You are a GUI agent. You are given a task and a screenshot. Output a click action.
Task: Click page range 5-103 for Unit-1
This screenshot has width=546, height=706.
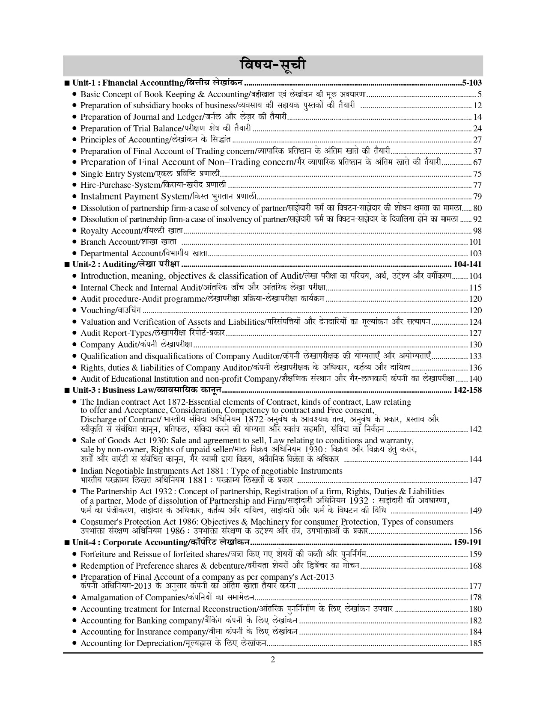472,83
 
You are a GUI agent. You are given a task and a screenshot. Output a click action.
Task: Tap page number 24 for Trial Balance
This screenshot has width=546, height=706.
477,128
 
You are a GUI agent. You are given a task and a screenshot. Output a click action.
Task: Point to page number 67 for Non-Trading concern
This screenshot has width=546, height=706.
477,163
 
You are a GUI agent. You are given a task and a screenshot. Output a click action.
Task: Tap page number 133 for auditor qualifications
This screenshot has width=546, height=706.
475,356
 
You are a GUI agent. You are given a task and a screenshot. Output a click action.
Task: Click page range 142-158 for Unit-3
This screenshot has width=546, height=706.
467,390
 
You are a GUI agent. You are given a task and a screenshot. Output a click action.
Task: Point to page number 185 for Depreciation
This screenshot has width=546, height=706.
475,644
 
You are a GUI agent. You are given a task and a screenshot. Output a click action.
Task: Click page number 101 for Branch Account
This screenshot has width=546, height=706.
475,242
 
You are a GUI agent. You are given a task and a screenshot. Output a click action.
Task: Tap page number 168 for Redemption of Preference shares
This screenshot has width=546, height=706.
475,566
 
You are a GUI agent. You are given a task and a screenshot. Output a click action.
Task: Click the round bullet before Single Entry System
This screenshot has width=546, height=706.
75,174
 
